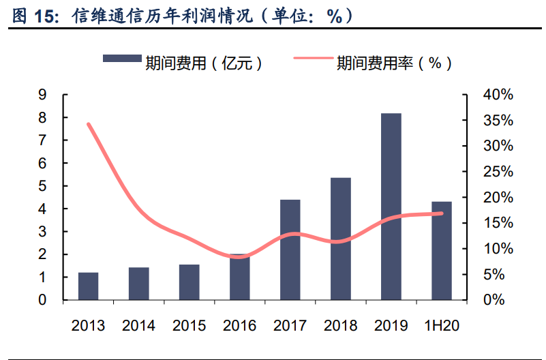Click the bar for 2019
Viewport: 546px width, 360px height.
(x=391, y=207)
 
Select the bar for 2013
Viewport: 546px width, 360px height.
(x=88, y=286)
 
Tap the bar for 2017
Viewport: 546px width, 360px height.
(x=290, y=250)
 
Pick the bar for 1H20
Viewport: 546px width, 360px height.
(x=442, y=250)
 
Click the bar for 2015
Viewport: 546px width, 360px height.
(x=189, y=282)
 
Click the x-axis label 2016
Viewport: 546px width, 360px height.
(x=239, y=325)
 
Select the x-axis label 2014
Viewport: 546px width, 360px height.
(x=138, y=325)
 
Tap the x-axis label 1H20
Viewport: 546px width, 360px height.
(x=442, y=325)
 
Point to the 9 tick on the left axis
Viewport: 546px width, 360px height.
(x=42, y=95)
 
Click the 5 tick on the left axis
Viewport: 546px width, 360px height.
(x=42, y=186)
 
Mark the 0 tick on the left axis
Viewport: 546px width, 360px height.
(x=42, y=300)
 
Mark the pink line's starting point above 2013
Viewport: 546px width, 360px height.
(x=88, y=124)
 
